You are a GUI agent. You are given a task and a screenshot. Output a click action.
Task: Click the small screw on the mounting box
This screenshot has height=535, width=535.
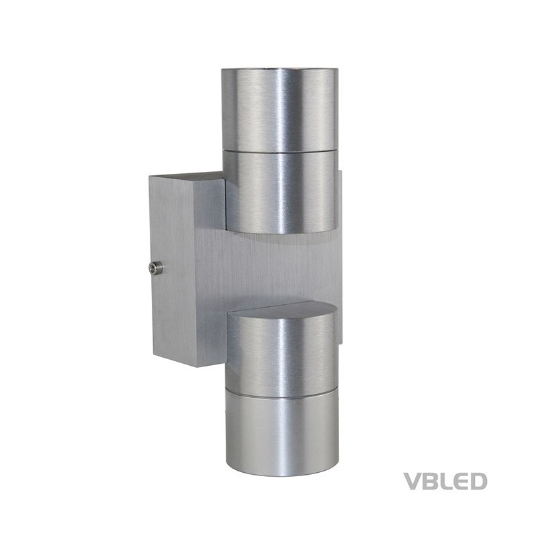tap(154, 268)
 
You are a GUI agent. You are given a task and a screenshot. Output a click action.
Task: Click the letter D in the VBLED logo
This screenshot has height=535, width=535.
tap(475, 481)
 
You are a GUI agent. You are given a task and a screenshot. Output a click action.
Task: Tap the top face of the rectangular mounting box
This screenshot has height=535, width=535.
tap(187, 177)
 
